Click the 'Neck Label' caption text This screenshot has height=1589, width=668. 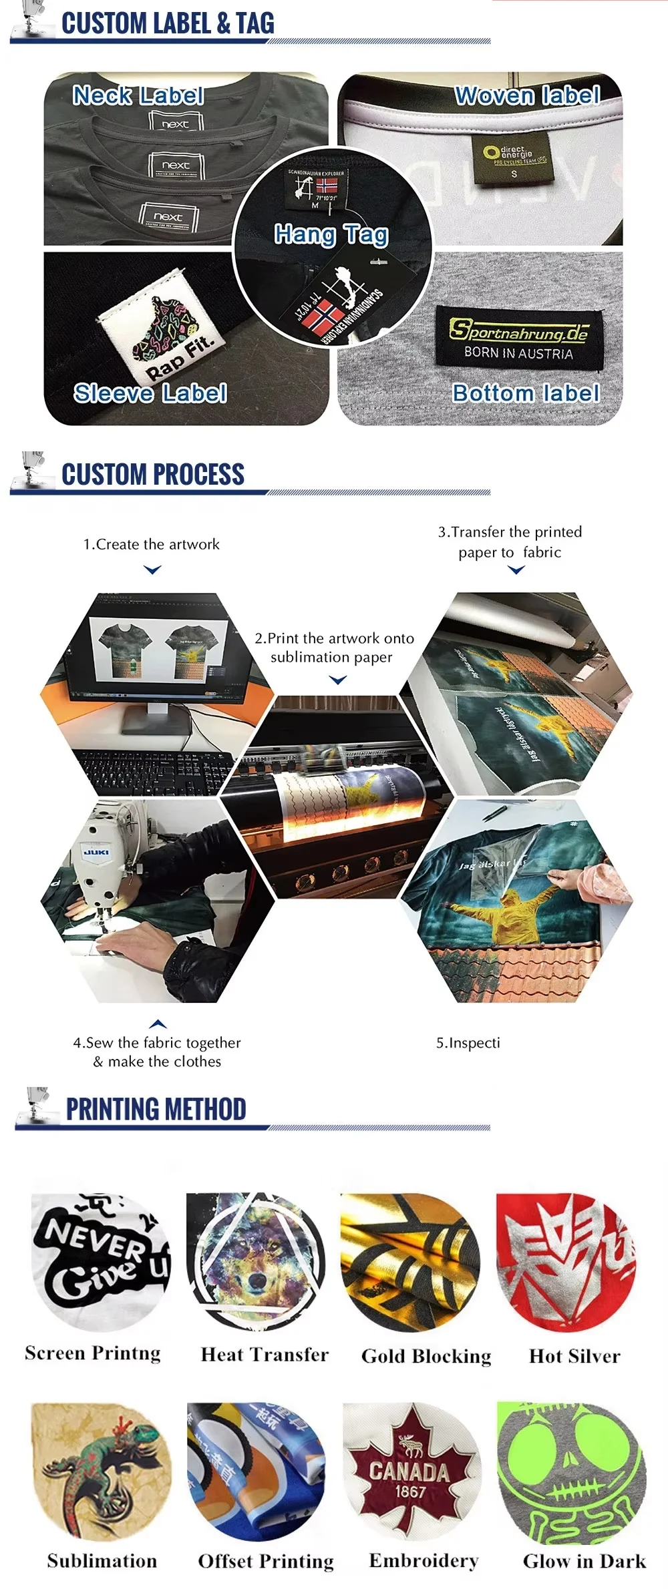tap(138, 95)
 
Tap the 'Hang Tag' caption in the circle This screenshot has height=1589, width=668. tap(331, 234)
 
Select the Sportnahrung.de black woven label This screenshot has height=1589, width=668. tap(519, 338)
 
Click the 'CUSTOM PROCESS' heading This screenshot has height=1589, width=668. tap(153, 475)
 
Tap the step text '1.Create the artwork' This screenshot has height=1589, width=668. tap(151, 544)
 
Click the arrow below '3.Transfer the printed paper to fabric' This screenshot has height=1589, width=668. tap(516, 570)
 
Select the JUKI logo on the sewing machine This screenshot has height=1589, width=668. tap(98, 853)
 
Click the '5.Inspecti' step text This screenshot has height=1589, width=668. tap(468, 1043)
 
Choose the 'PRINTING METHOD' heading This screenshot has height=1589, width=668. tap(156, 1109)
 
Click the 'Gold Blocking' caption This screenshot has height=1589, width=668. tap(426, 1356)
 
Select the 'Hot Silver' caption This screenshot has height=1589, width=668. tap(574, 1356)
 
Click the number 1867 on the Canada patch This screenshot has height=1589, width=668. tap(409, 1492)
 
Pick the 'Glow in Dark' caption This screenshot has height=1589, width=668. tap(584, 1561)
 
